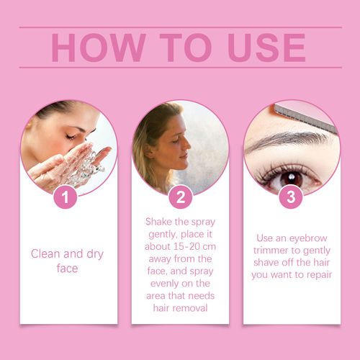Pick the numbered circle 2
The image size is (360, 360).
pos(180,197)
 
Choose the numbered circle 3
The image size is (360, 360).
pos(291,197)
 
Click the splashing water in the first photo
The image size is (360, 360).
pos(84,166)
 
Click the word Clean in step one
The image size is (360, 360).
pos(46,253)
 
